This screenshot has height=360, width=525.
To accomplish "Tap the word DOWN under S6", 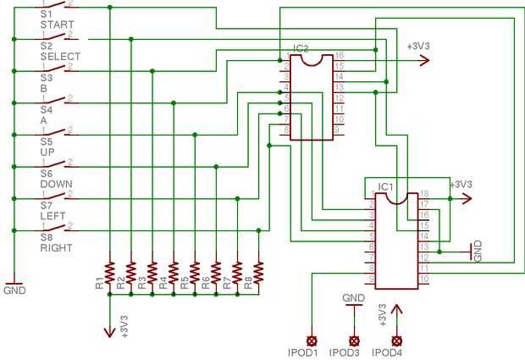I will [56, 184].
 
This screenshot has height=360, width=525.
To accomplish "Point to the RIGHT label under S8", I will [56, 248].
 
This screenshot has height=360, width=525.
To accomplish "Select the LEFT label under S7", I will [52, 216].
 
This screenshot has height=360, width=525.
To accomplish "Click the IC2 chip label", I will [301, 49].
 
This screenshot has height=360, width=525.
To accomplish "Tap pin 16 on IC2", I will [339, 55].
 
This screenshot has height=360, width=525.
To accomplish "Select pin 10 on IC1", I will [423, 279].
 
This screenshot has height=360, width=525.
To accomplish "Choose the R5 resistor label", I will [184, 284].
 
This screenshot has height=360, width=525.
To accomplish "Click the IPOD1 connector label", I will [302, 352].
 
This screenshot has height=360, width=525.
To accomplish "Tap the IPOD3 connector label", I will [344, 352].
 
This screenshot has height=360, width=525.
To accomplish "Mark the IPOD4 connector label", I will [387, 352].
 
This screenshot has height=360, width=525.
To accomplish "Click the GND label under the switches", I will [14, 291].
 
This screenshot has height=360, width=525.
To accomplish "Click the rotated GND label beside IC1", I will [478, 250].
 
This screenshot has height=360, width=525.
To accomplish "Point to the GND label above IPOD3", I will [353, 298].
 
